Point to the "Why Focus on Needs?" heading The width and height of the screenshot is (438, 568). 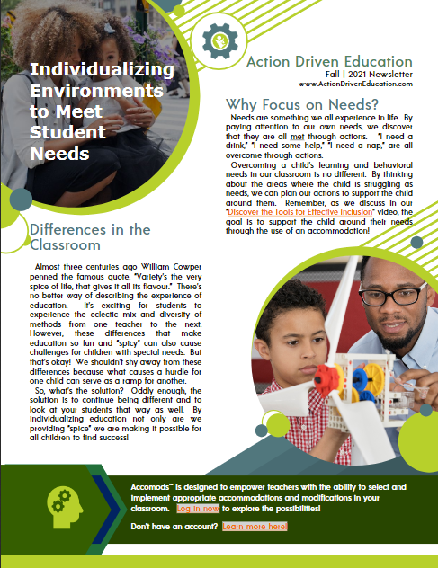pyautogui.click(x=302, y=102)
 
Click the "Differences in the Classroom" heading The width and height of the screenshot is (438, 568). pyautogui.click(x=90, y=236)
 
